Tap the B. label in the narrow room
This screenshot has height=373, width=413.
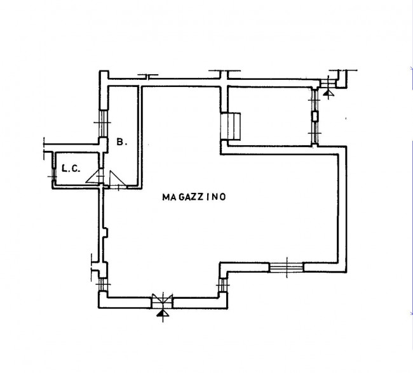[x=121, y=143]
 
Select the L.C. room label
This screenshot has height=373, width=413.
[x=69, y=169]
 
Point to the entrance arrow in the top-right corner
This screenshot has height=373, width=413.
[x=328, y=93]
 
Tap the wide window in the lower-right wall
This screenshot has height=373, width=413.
[x=287, y=267]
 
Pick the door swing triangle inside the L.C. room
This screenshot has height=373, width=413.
[x=94, y=175]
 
